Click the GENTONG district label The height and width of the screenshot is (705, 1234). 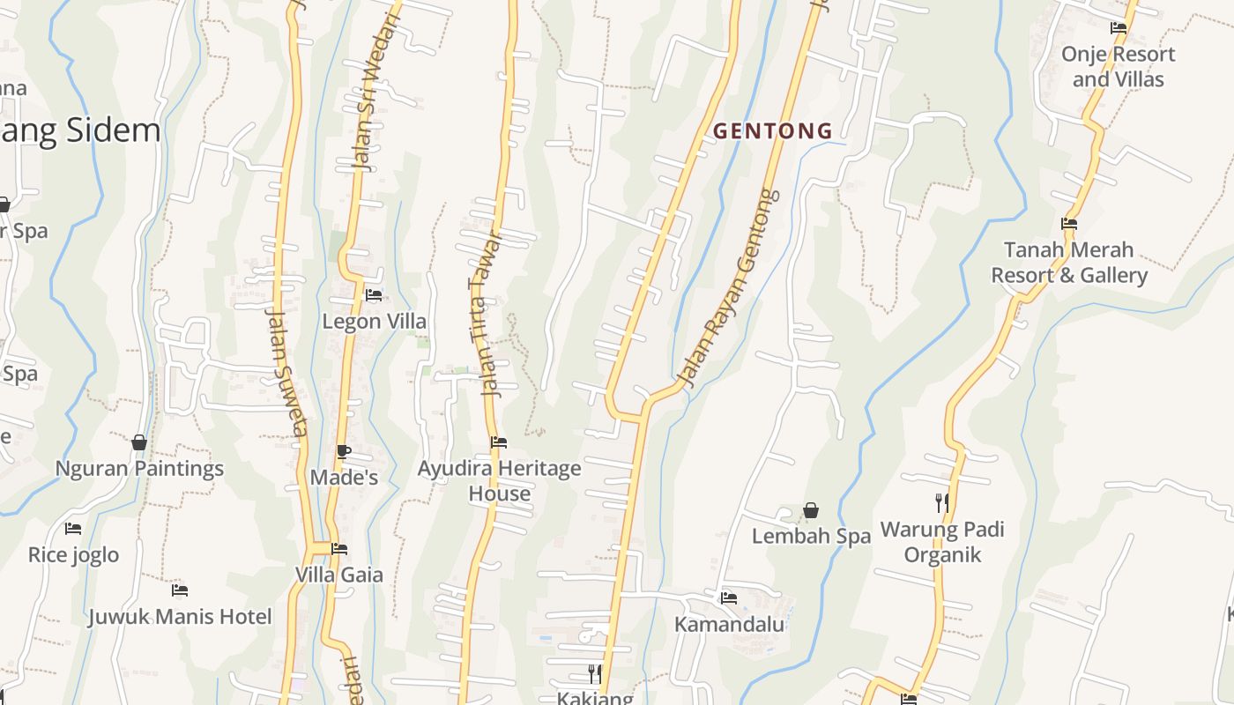(772, 131)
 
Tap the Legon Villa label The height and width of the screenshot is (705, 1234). (374, 322)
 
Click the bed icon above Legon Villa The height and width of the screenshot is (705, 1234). (374, 295)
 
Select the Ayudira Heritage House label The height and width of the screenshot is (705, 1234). (499, 480)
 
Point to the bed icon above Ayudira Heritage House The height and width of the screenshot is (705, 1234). (499, 442)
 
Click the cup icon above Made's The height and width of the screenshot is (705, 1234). (343, 452)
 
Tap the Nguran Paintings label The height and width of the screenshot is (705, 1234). (139, 469)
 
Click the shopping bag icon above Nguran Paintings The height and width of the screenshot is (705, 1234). (139, 442)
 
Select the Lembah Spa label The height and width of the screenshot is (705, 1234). (811, 536)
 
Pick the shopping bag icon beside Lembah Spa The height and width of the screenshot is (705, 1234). (811, 510)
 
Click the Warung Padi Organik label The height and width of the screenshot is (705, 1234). (942, 542)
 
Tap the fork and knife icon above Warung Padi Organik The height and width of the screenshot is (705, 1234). (942, 503)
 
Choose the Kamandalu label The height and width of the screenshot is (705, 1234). (729, 624)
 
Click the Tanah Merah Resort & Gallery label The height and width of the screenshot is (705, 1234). (1069, 263)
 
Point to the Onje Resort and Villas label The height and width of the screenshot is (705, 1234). (1118, 66)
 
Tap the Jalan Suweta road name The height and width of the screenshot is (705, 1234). (286, 371)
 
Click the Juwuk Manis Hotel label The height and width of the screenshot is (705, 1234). (180, 616)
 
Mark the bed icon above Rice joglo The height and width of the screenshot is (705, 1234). (73, 529)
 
